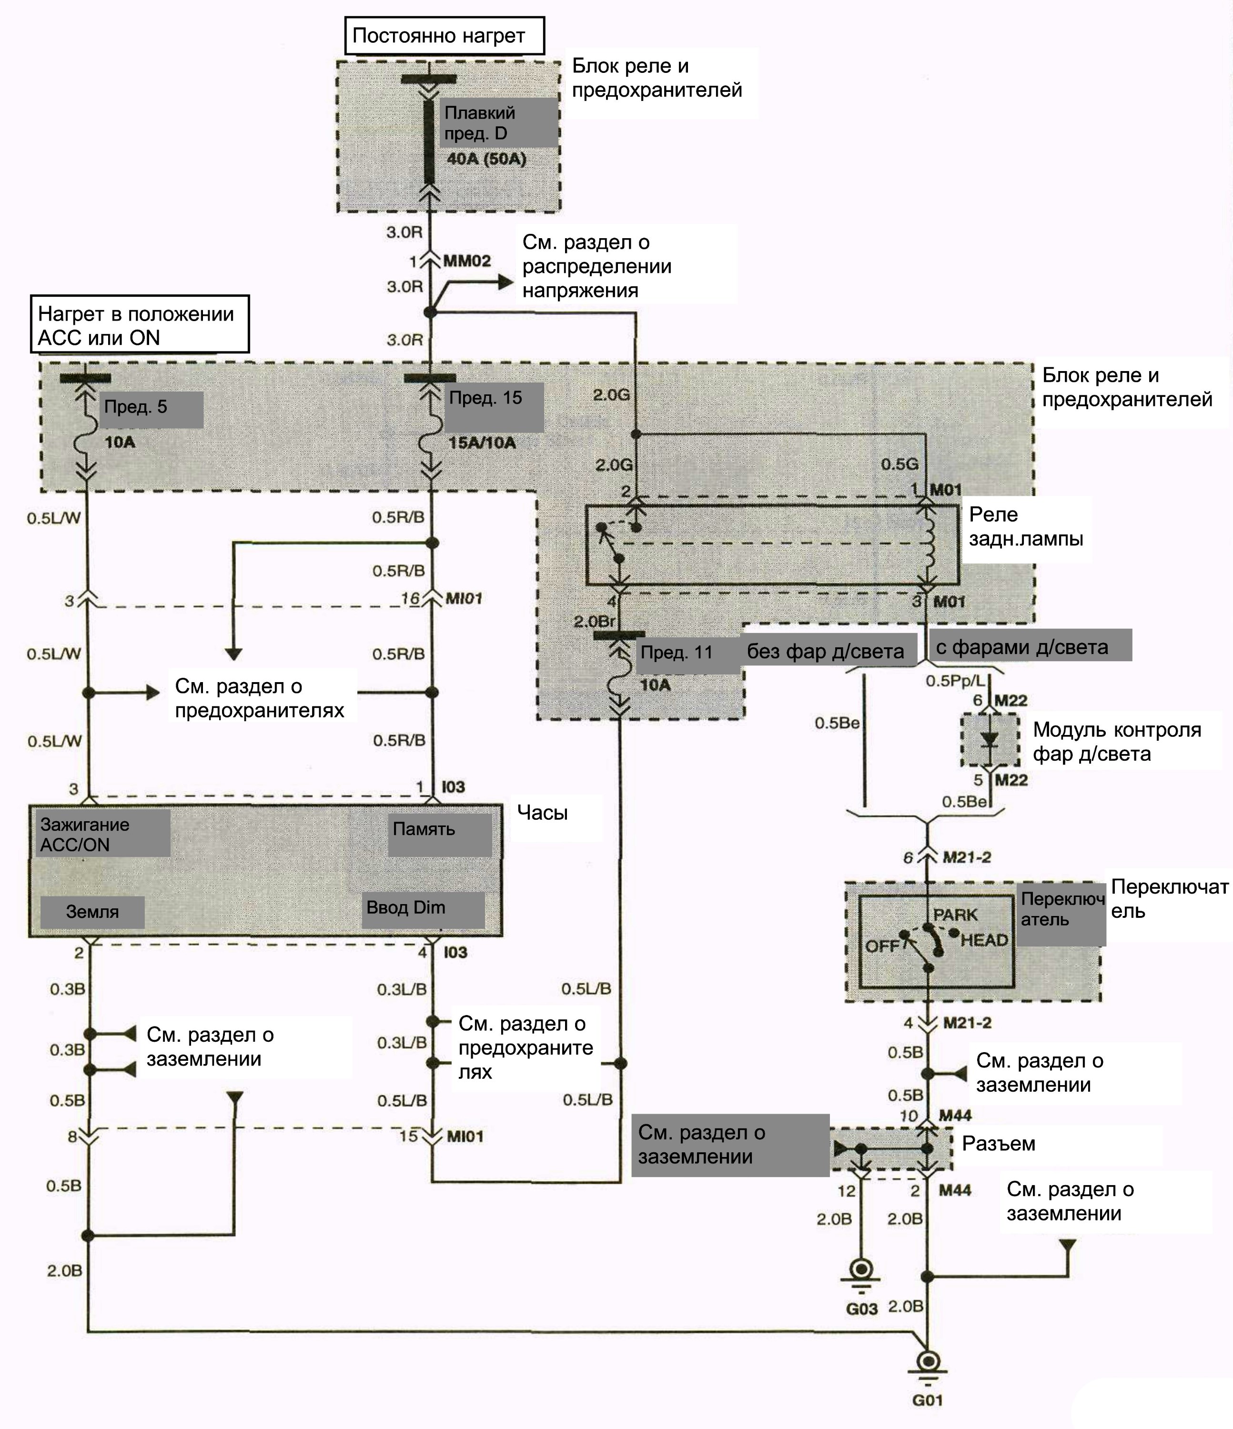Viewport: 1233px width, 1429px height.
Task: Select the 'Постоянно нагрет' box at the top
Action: click(445, 36)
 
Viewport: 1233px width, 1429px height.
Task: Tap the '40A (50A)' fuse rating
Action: click(486, 159)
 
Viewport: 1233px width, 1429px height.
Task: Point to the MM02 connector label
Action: click(466, 262)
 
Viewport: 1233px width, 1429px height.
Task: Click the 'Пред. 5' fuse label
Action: click(136, 407)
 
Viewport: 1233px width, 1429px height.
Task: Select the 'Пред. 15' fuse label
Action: click(485, 398)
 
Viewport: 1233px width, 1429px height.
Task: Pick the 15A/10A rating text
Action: click(482, 443)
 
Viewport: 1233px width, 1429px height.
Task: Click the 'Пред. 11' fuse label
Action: click(676, 653)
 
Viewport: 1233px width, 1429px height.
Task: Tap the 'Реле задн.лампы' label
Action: click(1025, 526)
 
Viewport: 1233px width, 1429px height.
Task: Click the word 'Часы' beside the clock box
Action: click(542, 813)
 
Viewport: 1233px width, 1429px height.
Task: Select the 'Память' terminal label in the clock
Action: click(424, 829)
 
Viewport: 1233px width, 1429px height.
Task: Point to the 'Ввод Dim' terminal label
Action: click(406, 907)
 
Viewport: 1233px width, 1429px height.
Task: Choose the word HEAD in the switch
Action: click(985, 940)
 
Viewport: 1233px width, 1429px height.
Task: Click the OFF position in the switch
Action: click(882, 946)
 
